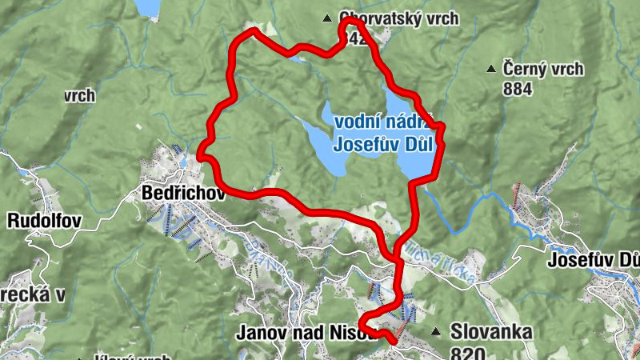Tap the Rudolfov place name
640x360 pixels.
44,220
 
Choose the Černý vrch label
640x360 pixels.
542,70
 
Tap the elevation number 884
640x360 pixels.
518,89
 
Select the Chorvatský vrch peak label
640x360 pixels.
398,18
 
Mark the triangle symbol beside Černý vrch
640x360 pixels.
491,70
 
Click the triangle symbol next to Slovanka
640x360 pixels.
436,331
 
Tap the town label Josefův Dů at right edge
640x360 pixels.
593,260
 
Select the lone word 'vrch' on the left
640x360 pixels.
80,96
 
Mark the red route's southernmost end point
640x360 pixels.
394,342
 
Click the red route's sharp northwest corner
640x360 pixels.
254,30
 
